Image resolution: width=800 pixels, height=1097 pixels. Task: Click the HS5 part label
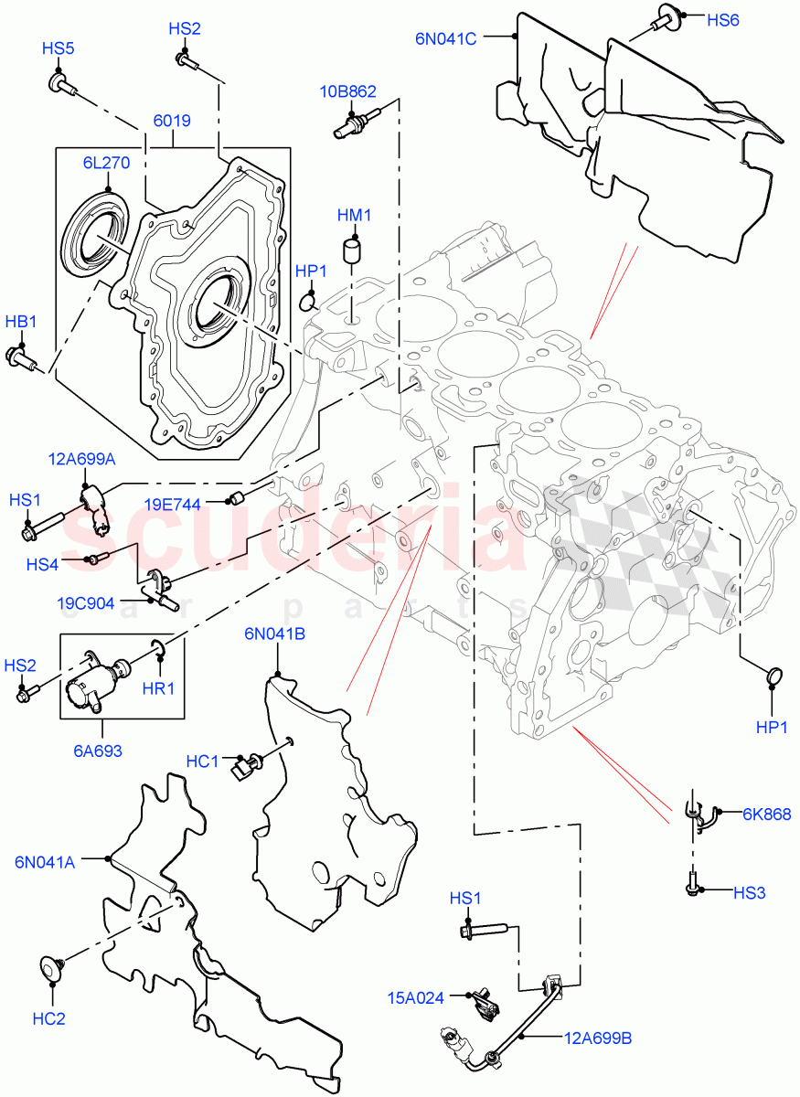[x=57, y=48]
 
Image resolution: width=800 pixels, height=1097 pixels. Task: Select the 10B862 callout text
[x=347, y=91]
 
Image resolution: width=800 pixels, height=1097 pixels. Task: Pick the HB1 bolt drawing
[x=21, y=357]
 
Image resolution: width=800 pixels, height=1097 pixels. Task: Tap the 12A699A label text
[x=83, y=458]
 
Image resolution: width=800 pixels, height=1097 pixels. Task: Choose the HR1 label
[x=158, y=688]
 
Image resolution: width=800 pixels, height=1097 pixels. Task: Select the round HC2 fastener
[x=51, y=968]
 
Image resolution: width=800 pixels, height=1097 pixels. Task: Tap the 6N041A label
[x=45, y=860]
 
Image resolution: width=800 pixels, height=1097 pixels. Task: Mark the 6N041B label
[x=274, y=633]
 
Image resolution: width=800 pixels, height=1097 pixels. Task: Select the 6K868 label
[x=766, y=815]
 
